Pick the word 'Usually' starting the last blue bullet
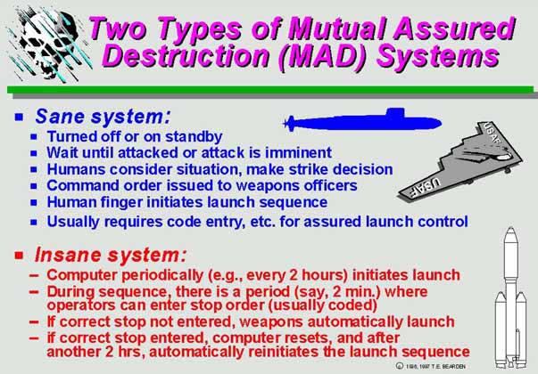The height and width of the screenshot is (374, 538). pyautogui.click(x=77, y=221)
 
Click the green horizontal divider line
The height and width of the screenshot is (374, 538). pyautogui.click(x=268, y=89)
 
